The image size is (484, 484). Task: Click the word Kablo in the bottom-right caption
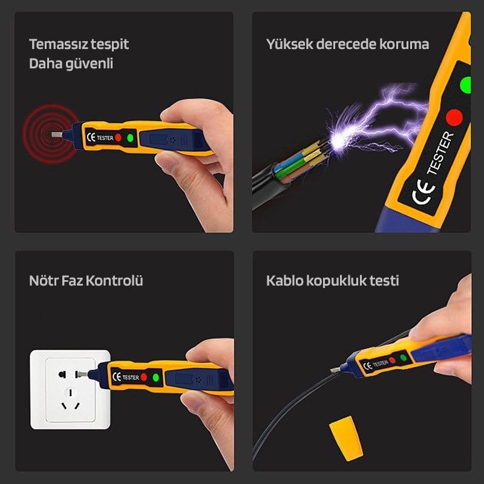pyautogui.click(x=285, y=281)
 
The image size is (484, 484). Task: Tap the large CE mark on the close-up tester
pyautogui.click(x=422, y=196)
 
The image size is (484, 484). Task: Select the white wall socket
pyautogui.click(x=70, y=389)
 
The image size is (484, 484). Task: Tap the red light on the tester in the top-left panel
pyautogui.click(x=119, y=137)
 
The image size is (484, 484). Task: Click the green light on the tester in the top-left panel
pyautogui.click(x=130, y=138)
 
